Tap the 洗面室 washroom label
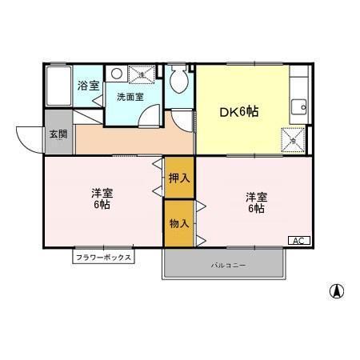tap(130, 97)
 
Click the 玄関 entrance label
tap(58, 134)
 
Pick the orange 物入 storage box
tap(179, 222)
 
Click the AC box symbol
tap(297, 240)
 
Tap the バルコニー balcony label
tap(228, 264)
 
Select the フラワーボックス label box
tap(103, 258)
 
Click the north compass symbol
tap(337, 290)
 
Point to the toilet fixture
tap(180, 80)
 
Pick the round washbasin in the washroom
tap(117, 74)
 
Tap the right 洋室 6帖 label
tap(255, 203)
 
